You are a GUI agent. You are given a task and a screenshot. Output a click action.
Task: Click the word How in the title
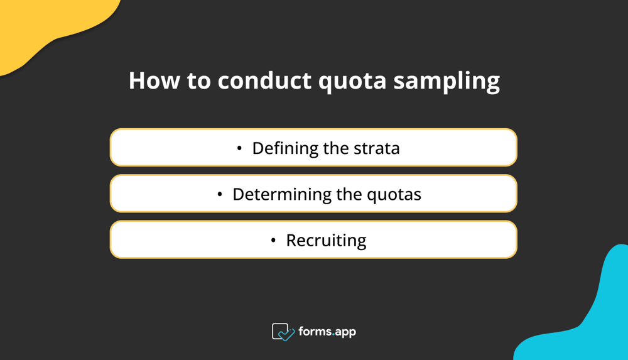[x=153, y=80]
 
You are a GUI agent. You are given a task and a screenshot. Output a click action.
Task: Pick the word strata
[x=377, y=148]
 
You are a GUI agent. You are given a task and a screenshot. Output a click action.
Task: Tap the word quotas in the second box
[x=396, y=195]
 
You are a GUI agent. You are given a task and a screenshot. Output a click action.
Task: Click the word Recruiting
[x=326, y=241]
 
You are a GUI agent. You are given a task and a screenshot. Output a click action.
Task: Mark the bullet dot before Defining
[x=239, y=148]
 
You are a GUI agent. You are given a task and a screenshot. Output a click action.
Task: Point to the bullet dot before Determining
[x=220, y=194]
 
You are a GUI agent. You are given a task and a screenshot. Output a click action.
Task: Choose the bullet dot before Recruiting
[x=273, y=240]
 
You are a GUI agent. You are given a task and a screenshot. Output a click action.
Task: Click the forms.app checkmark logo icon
[x=283, y=332]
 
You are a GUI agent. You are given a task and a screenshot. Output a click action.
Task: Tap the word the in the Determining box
[x=349, y=194]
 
